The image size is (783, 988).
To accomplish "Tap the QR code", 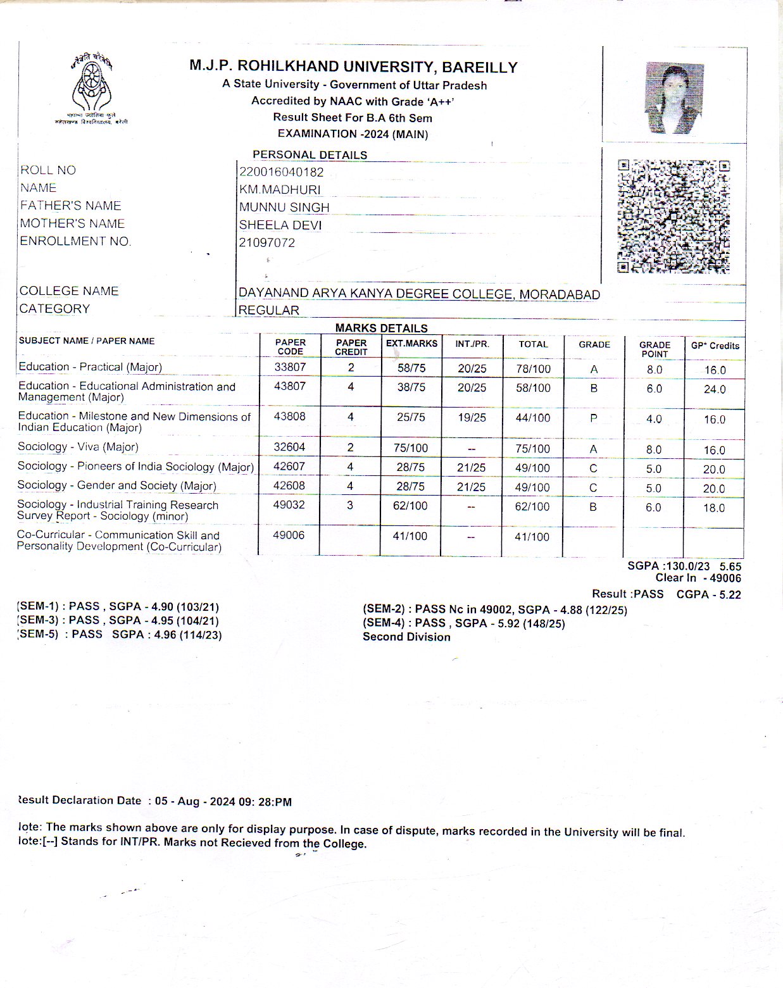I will coord(673,216).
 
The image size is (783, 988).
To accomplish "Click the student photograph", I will coord(673,98).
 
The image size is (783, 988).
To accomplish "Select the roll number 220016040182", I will coord(281,172).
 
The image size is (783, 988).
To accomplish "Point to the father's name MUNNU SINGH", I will coord(284,208).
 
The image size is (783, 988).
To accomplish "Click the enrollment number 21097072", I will coord(266,243).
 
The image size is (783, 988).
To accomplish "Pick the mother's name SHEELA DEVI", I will coord(280,225).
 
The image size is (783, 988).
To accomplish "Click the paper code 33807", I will coord(290,367).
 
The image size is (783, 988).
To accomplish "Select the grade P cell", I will coord(593,418).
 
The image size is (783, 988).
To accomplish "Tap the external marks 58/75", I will coord(411,368).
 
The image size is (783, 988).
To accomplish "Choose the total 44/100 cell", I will coord(533,418).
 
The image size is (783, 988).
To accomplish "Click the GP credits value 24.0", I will coord(715,389).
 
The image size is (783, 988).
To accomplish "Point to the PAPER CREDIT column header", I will coord(351,347).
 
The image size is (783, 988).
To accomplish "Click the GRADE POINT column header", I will coord(655,349).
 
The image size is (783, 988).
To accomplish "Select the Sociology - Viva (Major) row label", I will coord(78,447).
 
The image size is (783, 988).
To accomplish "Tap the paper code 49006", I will coord(289,535).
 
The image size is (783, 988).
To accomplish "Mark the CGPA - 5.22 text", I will coord(708,594).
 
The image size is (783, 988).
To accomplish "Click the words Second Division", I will coord(406,637).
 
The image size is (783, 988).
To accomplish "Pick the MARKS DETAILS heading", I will coord(381,328).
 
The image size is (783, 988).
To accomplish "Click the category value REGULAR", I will coord(268,310).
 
